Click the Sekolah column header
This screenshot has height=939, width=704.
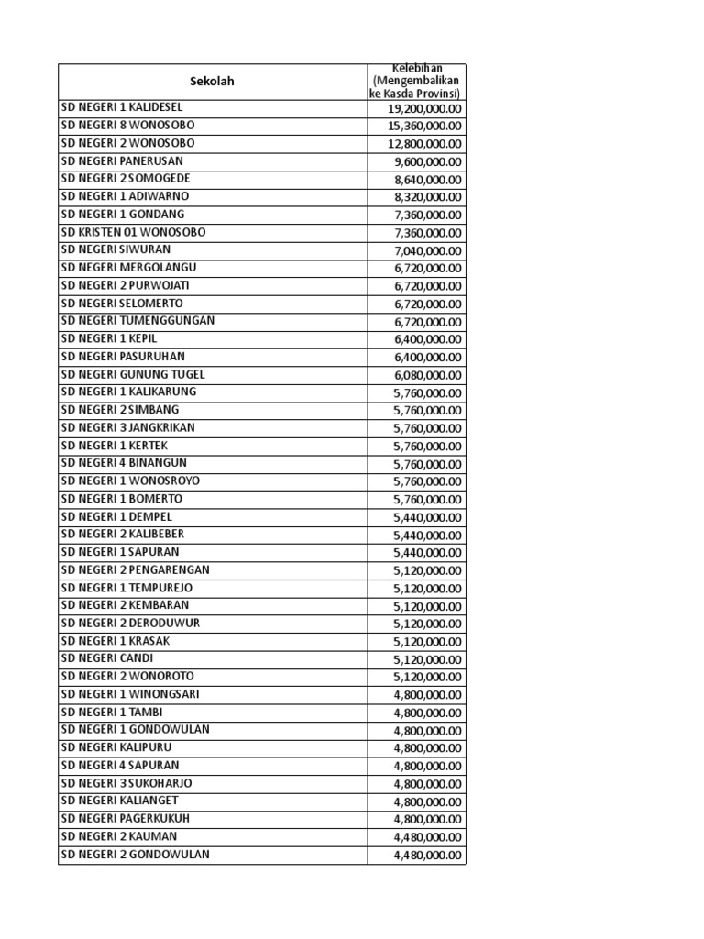(x=212, y=82)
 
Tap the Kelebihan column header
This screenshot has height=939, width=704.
(x=417, y=82)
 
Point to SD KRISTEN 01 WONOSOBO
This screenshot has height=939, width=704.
(x=133, y=232)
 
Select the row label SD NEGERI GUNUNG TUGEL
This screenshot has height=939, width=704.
(x=133, y=374)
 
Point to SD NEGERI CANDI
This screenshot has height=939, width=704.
(x=107, y=658)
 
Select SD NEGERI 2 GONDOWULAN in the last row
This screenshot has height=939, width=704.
(x=135, y=855)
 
